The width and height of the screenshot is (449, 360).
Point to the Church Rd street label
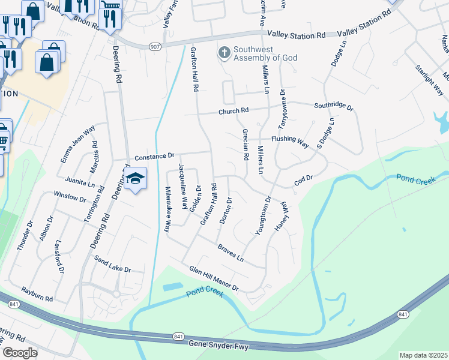(234, 111)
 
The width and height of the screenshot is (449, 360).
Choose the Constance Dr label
(154, 157)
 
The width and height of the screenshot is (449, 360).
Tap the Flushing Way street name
(290, 142)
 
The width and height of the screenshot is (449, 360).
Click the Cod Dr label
(304, 179)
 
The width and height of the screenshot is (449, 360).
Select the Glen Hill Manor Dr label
(214, 278)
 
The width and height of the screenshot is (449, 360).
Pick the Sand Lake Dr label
(113, 264)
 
